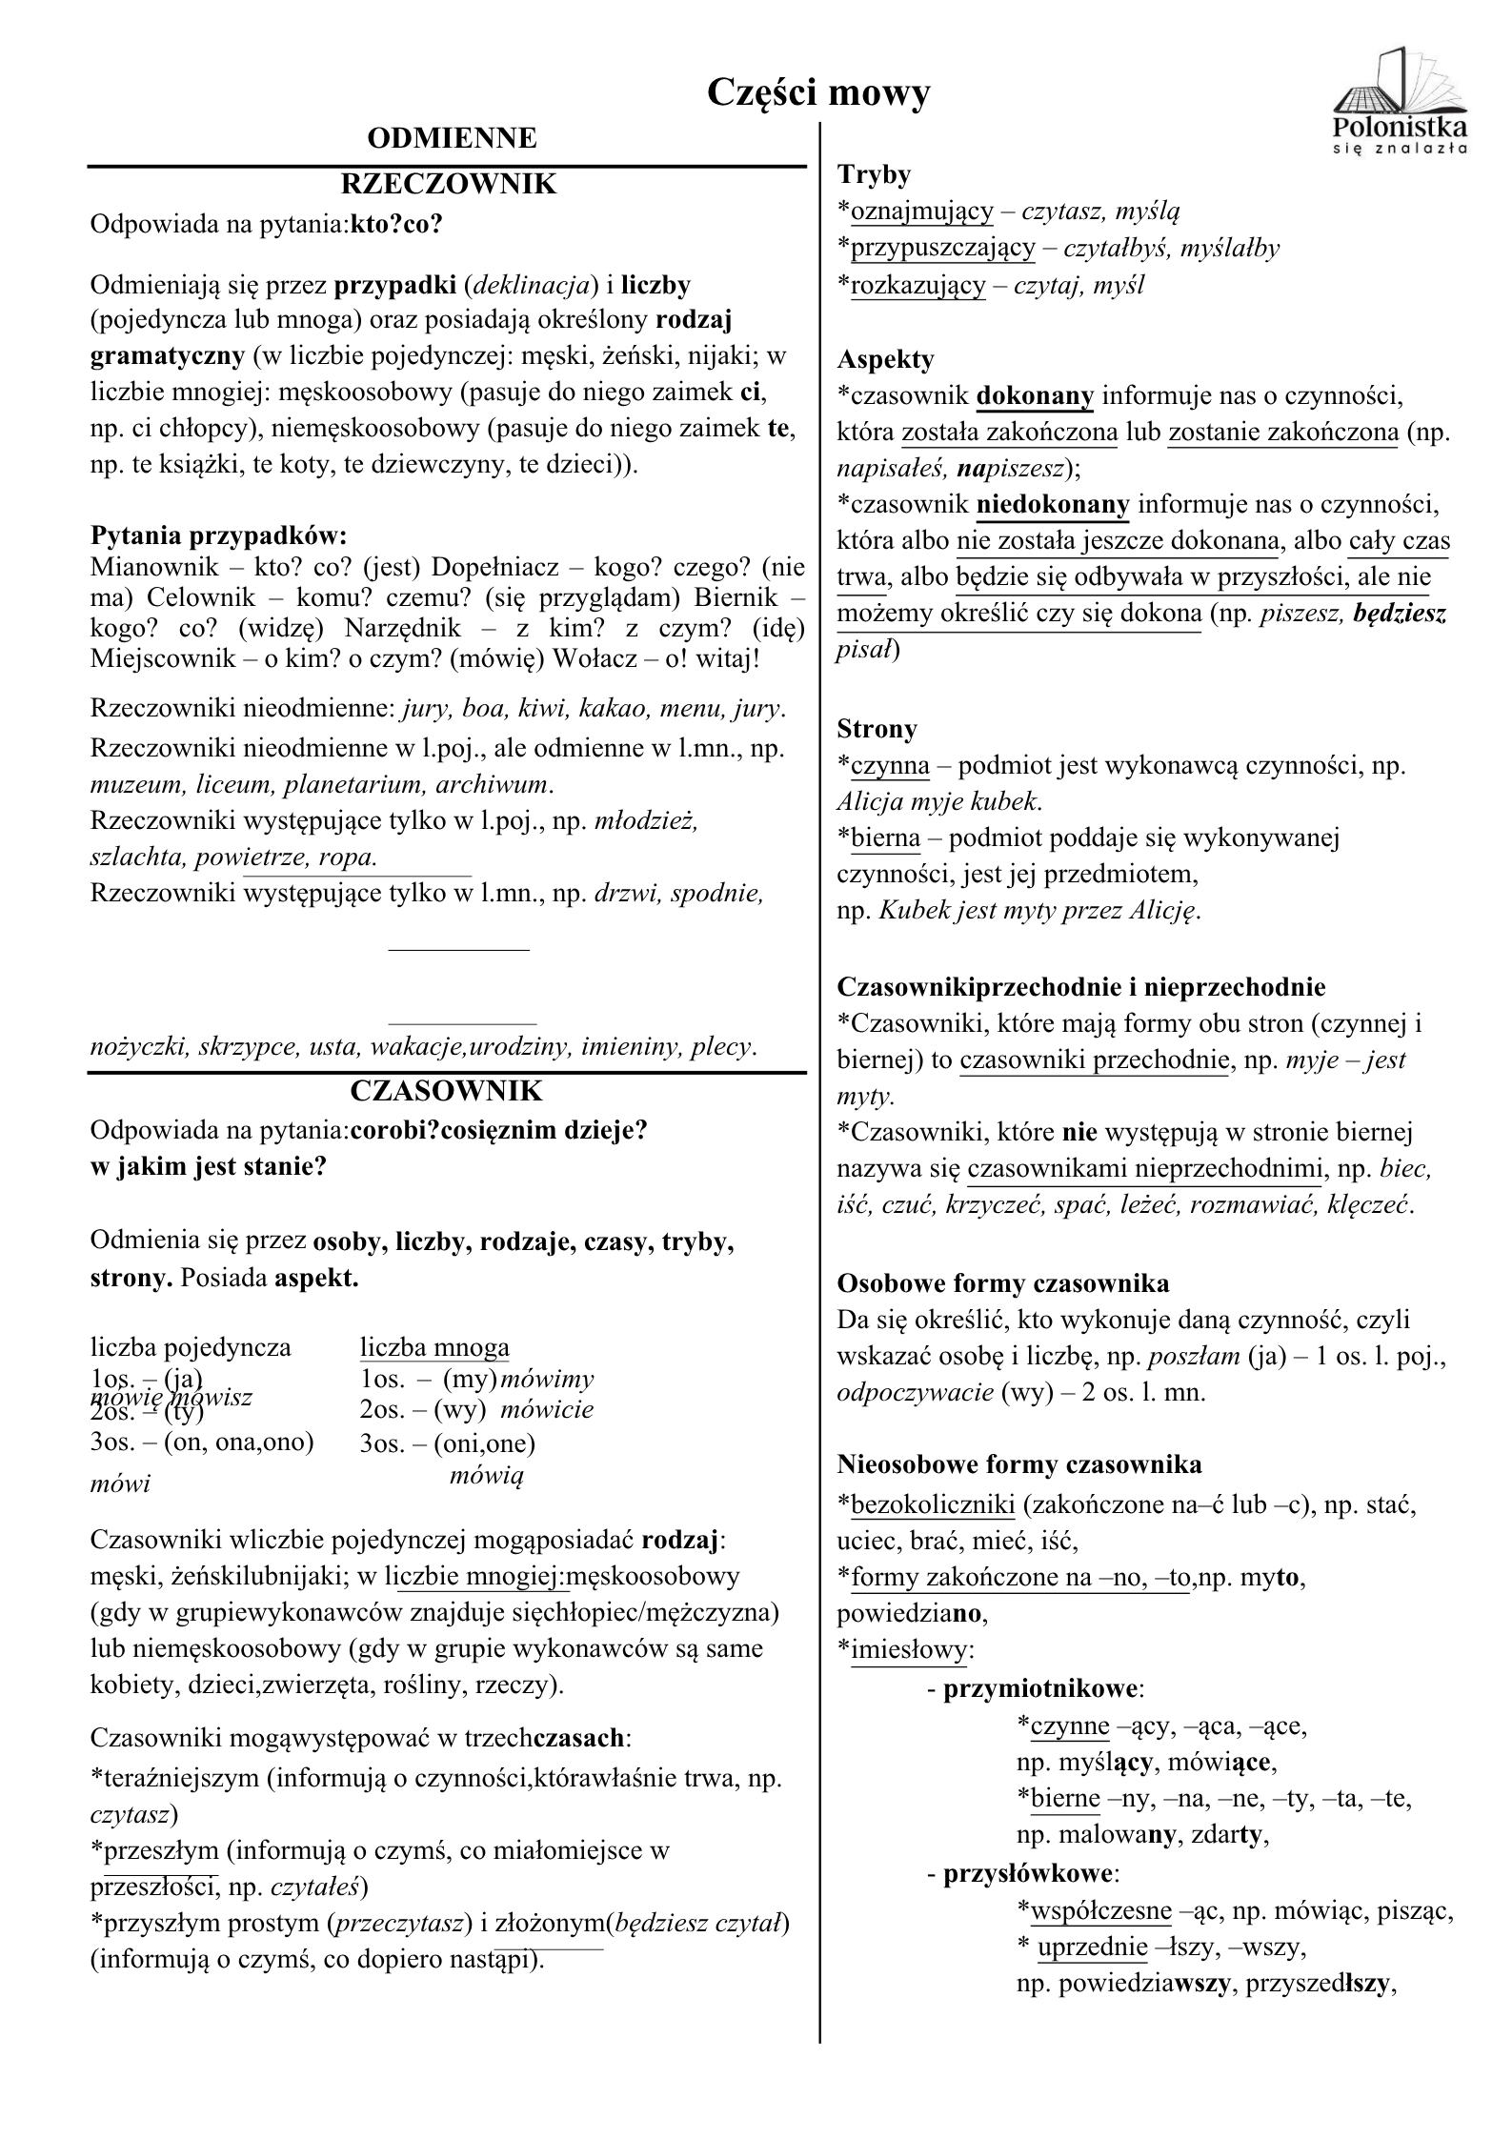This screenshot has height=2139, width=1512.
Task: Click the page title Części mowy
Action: click(818, 93)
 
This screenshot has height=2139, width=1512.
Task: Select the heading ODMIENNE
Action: click(452, 139)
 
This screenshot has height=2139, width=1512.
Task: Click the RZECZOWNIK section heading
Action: click(448, 183)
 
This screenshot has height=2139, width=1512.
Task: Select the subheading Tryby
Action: click(874, 174)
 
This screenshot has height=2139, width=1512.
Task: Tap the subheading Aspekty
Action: click(885, 359)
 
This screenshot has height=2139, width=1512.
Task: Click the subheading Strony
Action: click(877, 729)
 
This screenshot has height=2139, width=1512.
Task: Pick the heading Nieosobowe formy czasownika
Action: click(1018, 1464)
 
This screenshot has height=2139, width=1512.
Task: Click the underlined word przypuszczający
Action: click(942, 248)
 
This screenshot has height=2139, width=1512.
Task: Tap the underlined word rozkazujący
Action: click(917, 285)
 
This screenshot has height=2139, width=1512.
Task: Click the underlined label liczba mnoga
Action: click(434, 1347)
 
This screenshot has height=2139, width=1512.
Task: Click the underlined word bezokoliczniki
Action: click(933, 1504)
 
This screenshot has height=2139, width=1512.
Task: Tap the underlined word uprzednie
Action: click(1092, 1947)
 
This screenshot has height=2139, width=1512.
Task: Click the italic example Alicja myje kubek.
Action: click(939, 801)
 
